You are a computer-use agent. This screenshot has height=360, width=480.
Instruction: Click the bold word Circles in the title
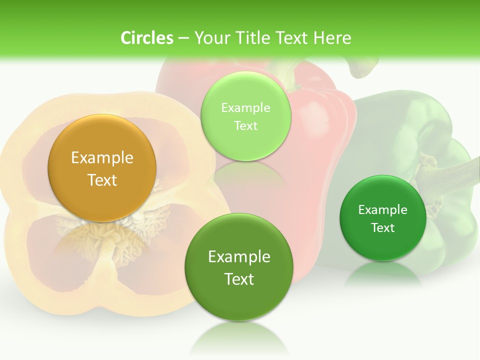(146, 38)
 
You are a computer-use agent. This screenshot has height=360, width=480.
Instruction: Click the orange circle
(102, 168)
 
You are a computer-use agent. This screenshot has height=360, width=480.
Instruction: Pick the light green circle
(245, 116)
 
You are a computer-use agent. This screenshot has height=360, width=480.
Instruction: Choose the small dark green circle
(383, 218)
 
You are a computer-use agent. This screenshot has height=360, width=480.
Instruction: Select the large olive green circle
(239, 267)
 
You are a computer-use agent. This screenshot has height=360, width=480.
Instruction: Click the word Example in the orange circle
(102, 158)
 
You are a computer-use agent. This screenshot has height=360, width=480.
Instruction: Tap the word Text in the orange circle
(102, 180)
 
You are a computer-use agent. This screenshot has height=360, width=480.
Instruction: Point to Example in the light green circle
(245, 107)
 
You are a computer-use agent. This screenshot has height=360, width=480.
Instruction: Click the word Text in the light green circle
(245, 125)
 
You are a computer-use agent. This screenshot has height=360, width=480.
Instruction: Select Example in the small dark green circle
(383, 209)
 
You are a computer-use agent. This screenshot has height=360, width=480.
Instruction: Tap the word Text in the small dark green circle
(383, 227)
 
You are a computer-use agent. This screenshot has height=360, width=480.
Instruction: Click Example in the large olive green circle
(239, 256)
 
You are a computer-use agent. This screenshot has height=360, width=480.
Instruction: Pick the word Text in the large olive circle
(239, 278)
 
